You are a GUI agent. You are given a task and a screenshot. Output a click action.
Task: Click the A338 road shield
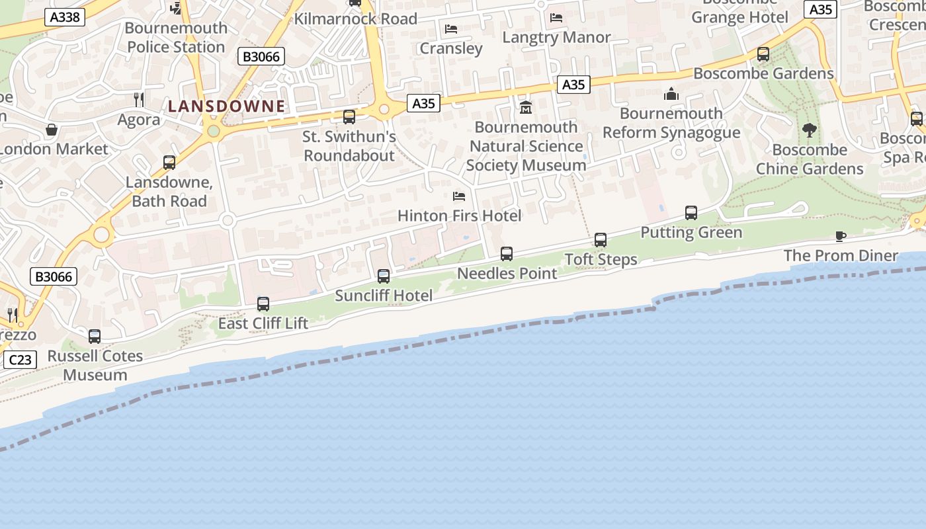click(x=65, y=17)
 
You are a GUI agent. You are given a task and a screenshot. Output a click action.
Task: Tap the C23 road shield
click(x=20, y=360)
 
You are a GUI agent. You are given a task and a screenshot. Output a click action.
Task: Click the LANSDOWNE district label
click(x=226, y=106)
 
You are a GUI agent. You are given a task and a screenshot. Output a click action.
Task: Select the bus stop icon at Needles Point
click(x=507, y=254)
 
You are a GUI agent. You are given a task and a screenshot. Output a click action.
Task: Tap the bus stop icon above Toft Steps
click(x=601, y=240)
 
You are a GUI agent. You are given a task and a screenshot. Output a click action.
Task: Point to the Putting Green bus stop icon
click(x=691, y=213)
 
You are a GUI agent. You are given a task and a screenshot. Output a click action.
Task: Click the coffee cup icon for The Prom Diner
click(x=841, y=236)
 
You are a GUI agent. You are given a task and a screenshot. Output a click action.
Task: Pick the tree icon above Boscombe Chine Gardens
click(x=810, y=130)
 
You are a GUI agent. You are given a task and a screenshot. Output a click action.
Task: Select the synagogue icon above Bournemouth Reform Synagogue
click(x=671, y=94)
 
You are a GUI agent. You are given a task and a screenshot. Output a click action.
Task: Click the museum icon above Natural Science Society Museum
click(x=526, y=107)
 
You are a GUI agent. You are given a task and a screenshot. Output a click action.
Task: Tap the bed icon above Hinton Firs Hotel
click(x=459, y=196)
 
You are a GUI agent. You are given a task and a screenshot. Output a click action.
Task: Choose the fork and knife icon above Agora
click(x=139, y=100)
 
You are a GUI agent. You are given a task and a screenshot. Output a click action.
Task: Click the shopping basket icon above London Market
click(x=52, y=130)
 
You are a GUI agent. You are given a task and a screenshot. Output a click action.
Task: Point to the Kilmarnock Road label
click(x=355, y=19)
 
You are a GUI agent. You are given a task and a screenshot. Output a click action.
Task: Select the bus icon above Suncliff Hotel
click(x=384, y=276)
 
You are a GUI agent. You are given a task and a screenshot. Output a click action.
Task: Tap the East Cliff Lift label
click(x=263, y=323)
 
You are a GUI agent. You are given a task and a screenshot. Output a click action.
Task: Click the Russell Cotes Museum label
click(x=95, y=365)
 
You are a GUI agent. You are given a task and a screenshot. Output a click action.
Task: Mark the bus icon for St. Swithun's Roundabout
click(x=349, y=117)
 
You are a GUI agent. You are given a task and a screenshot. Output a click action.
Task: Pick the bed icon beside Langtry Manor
click(x=556, y=18)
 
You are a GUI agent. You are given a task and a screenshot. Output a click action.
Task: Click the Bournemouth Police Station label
click(x=176, y=38)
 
